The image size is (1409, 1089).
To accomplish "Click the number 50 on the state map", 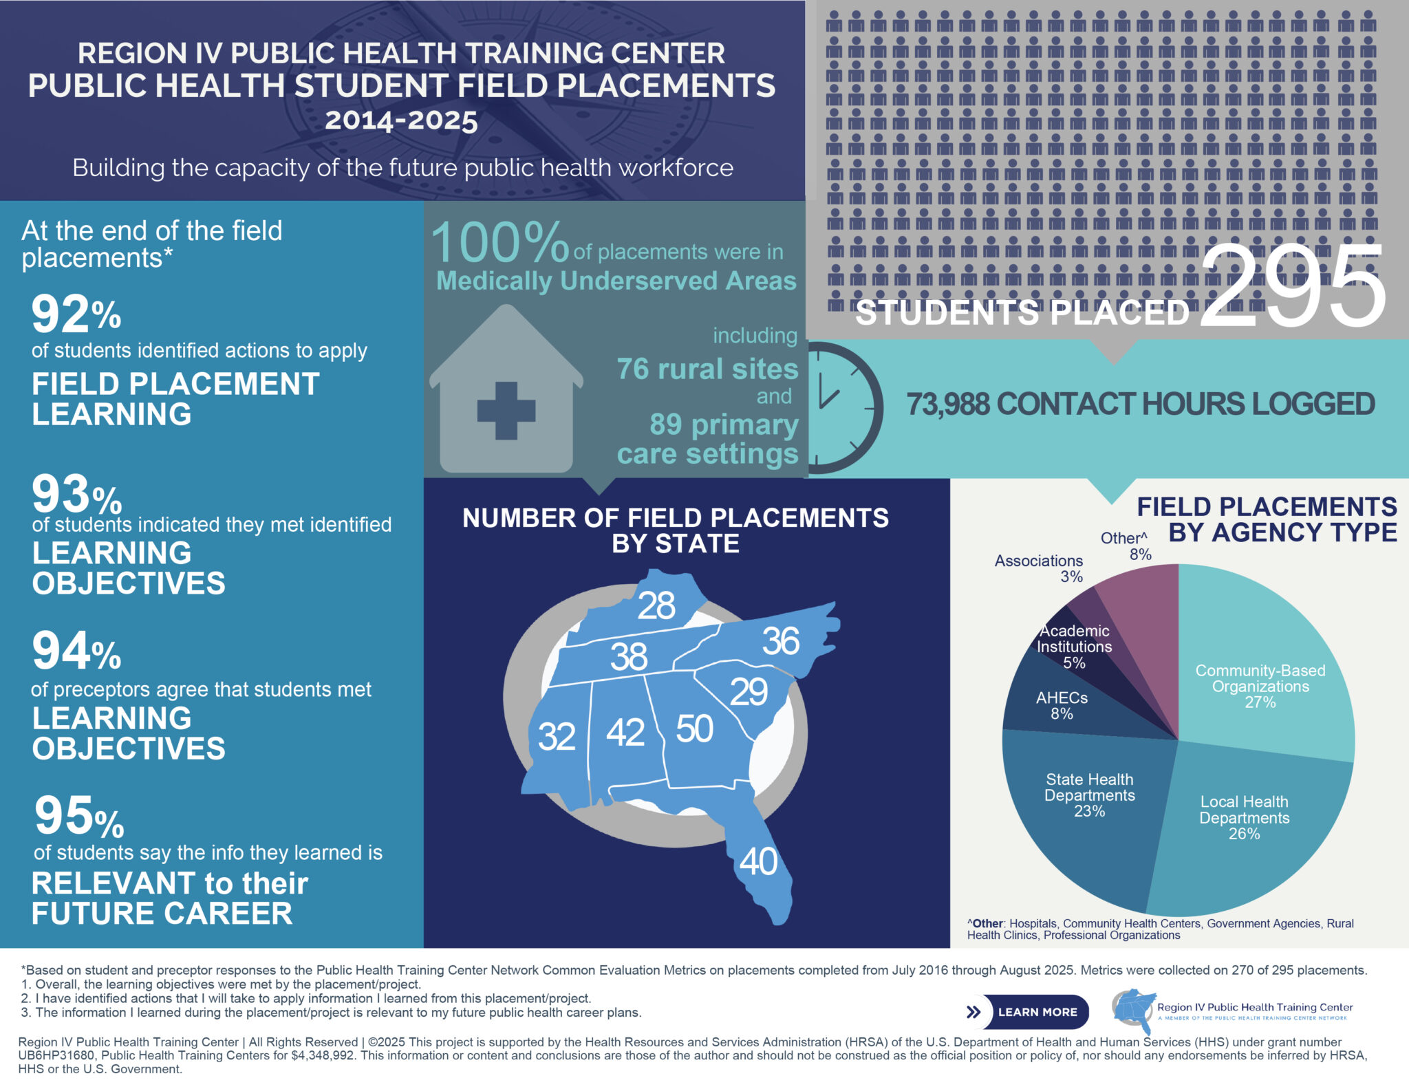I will tap(694, 729).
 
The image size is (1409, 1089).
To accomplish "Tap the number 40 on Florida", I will tap(758, 861).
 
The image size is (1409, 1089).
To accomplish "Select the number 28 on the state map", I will tap(656, 606).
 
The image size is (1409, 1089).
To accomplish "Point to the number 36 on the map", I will tap(780, 641).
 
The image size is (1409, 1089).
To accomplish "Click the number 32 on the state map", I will tap(556, 737).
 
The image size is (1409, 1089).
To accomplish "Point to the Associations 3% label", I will tap(1039, 568).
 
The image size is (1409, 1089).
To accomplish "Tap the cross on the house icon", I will tap(506, 411).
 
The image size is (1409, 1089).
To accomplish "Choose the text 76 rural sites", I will tap(707, 369).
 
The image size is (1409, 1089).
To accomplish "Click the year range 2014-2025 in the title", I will tap(401, 120).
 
